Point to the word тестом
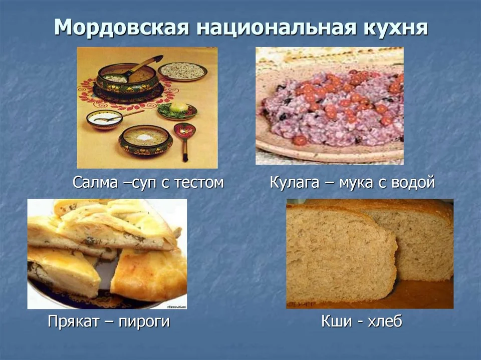click(x=199, y=182)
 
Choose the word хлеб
click(x=385, y=321)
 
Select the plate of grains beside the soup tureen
click(x=183, y=72)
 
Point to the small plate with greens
click(x=177, y=111)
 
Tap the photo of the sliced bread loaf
click(x=370, y=253)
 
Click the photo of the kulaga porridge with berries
click(x=330, y=106)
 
